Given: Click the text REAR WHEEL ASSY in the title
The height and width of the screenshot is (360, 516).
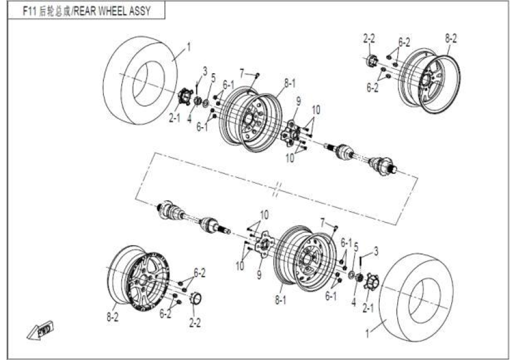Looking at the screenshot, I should click(x=115, y=11).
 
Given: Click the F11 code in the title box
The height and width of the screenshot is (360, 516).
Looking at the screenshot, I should click(x=30, y=11).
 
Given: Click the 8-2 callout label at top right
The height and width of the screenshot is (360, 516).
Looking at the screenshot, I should click(x=451, y=38).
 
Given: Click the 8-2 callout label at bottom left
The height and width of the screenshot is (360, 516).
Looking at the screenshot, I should click(x=112, y=316).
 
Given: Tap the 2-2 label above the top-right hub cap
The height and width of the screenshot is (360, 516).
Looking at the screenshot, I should click(x=368, y=38).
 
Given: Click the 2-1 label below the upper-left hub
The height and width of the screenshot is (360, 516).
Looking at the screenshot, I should click(x=174, y=118).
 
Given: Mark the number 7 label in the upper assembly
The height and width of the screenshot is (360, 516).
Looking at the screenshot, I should click(x=242, y=73).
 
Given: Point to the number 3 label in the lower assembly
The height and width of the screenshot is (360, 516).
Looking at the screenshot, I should click(x=376, y=250).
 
